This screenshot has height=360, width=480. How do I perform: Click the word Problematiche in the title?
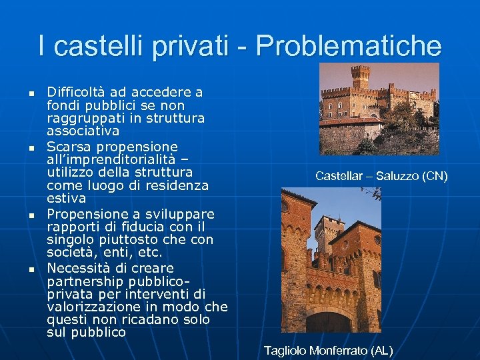348,46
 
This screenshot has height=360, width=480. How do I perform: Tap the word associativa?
83,131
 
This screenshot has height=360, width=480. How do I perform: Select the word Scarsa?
66,146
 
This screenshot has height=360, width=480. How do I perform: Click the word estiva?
66,198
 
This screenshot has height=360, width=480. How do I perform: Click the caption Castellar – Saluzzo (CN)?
381,176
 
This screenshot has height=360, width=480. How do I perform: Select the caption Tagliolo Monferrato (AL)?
328,350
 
